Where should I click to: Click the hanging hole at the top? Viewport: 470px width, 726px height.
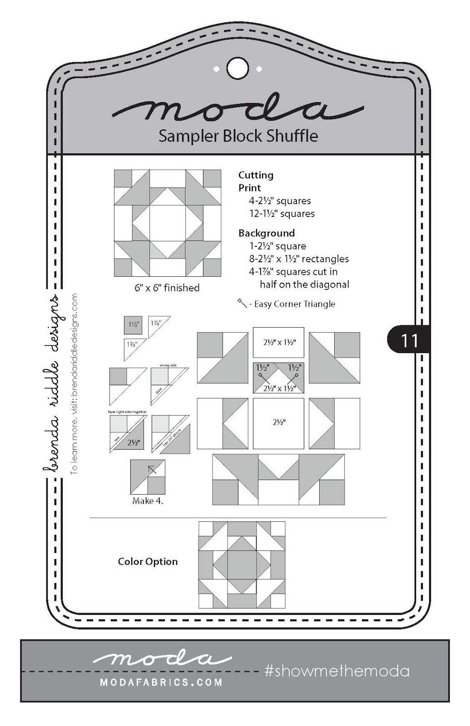click(x=237, y=69)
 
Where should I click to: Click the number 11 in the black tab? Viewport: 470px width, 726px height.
click(x=409, y=340)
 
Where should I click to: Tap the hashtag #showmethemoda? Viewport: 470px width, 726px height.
click(x=336, y=671)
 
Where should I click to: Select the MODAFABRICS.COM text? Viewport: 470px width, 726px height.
click(x=161, y=682)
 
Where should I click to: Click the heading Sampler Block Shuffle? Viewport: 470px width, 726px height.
click(x=238, y=136)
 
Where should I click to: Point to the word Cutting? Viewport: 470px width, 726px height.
click(x=256, y=175)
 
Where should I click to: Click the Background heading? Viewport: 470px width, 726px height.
click(x=267, y=233)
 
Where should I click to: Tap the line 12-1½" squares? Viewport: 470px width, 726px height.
click(x=282, y=214)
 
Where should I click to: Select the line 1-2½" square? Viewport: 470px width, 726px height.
click(x=277, y=246)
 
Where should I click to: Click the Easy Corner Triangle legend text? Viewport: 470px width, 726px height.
click(x=294, y=304)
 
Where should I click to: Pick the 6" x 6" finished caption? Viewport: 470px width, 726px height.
click(x=167, y=288)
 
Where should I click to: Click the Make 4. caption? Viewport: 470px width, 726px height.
click(x=148, y=501)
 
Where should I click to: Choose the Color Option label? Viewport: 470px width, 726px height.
click(x=148, y=562)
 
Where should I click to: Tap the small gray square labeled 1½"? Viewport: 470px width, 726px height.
click(x=133, y=325)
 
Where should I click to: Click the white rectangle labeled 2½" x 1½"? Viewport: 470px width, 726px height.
click(x=278, y=343)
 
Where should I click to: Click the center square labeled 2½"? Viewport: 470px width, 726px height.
click(x=278, y=422)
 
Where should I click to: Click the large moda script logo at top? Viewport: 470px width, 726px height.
click(x=238, y=109)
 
